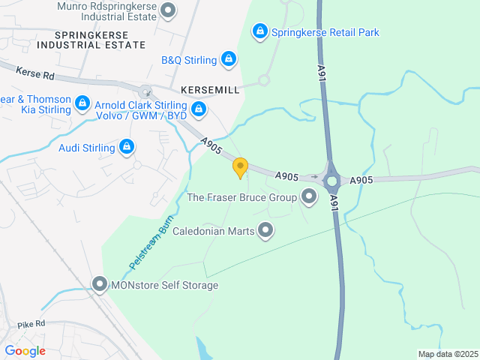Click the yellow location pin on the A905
coord(240,167)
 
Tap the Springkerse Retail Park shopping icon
coord(259,31)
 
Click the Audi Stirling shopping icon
coord(127,147)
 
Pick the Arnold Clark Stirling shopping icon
coord(199,110)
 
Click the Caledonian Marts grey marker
coord(265,231)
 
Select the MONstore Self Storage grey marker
coord(100,284)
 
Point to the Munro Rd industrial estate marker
coord(169,10)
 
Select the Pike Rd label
coord(31,324)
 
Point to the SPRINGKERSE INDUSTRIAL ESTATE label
coord(89,40)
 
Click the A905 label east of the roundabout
coord(361,180)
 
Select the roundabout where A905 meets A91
coord(331,181)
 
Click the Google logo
coord(25,351)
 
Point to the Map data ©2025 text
coord(447,354)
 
